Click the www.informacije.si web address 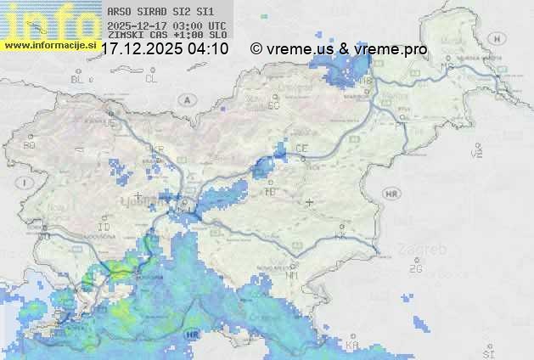pyautogui.click(x=49, y=45)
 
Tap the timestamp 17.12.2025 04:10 pyautogui.click(x=165, y=49)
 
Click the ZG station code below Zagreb pyautogui.click(x=416, y=269)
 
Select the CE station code pyautogui.click(x=301, y=149)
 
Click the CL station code pyautogui.click(x=151, y=79)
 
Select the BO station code pyautogui.click(x=30, y=145)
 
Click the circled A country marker pyautogui.click(x=186, y=99)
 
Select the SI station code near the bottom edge pyautogui.click(x=487, y=352)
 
